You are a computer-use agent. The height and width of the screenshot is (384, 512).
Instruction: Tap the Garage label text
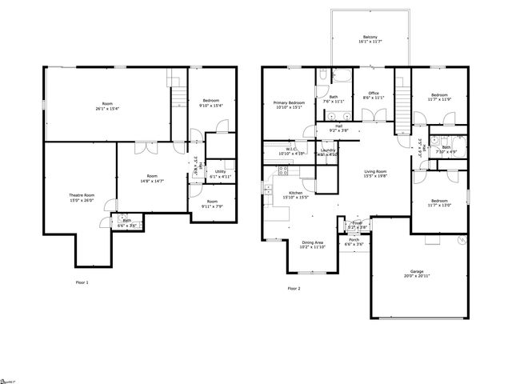click(x=415, y=270)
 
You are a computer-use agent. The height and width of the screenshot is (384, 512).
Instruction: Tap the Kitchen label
click(x=296, y=193)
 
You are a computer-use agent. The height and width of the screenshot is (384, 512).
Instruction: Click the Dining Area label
click(x=313, y=242)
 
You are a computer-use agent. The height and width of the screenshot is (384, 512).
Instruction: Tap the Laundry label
click(x=328, y=150)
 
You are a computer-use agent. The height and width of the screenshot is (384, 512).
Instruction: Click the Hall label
click(x=339, y=126)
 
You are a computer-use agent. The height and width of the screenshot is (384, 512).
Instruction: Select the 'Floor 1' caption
click(x=82, y=282)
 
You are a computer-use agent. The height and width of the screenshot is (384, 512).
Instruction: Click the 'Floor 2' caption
click(x=294, y=288)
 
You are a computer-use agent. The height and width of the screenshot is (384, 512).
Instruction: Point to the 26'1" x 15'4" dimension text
click(x=107, y=109)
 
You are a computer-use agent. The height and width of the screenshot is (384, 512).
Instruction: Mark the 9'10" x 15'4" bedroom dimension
click(x=212, y=106)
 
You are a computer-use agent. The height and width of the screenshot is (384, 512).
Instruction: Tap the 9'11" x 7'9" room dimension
click(x=212, y=206)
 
